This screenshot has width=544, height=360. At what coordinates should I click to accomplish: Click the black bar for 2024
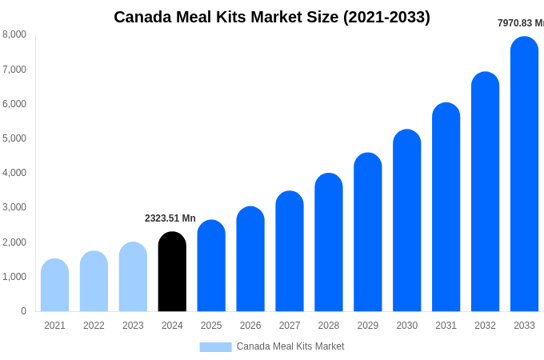(x=172, y=272)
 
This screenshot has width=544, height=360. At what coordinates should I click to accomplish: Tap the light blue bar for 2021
(x=54, y=286)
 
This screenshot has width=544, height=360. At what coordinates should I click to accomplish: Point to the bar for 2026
(x=250, y=259)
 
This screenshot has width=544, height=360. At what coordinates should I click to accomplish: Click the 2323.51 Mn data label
(x=170, y=218)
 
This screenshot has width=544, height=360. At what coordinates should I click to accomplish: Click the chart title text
(x=272, y=17)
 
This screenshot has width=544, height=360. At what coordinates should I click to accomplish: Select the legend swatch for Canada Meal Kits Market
(x=215, y=346)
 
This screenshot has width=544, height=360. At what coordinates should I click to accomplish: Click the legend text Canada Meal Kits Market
(x=290, y=346)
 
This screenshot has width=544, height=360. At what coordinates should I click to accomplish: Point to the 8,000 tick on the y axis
(x=14, y=34)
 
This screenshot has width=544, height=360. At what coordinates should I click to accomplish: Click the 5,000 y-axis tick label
(x=14, y=138)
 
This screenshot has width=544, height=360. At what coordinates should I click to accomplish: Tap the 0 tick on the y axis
(x=23, y=311)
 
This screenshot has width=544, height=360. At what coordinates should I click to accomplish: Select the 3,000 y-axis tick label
(x=14, y=207)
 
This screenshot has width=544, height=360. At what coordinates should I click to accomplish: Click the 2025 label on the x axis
(x=211, y=326)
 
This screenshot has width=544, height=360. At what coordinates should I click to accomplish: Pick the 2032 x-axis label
(x=485, y=326)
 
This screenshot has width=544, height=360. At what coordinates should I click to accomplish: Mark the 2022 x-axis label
(x=94, y=326)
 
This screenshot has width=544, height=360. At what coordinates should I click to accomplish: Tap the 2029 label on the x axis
(x=367, y=326)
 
